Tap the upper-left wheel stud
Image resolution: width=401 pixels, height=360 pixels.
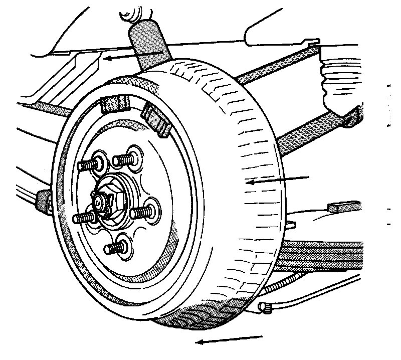click(91, 164)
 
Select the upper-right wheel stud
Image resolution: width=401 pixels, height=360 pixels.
click(125, 159)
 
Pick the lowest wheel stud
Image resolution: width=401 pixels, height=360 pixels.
click(115, 247)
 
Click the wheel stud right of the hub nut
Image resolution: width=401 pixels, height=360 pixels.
click(143, 212)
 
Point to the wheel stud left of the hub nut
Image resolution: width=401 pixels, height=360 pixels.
click(85, 218)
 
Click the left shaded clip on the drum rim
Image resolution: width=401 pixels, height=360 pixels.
click(114, 104)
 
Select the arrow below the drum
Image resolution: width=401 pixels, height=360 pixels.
click(229, 340)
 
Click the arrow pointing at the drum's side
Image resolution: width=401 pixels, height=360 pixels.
click(278, 179)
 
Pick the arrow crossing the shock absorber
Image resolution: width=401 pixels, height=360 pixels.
click(135, 55)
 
